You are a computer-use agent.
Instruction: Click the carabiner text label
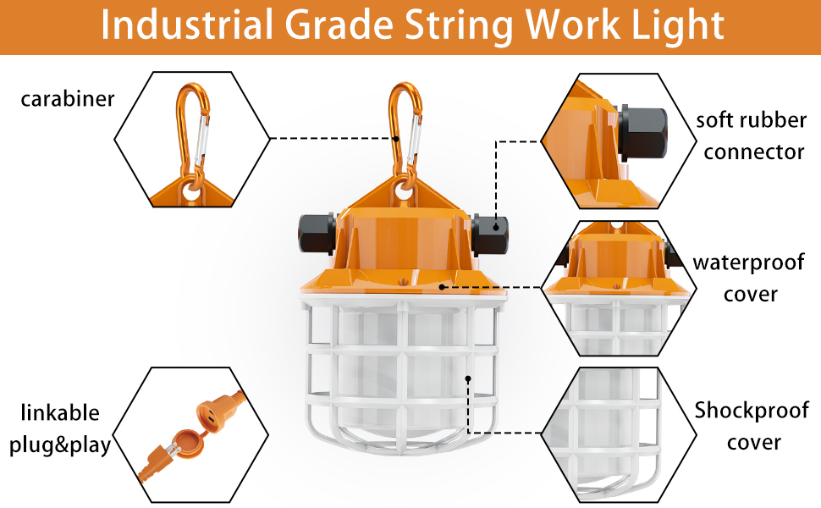click(x=67, y=100)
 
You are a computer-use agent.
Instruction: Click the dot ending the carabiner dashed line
click(x=396, y=138)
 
